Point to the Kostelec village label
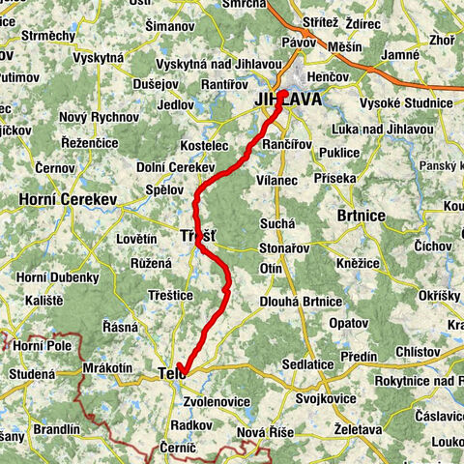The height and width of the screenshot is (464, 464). coord(203,144)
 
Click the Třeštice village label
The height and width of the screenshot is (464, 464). coord(170,294)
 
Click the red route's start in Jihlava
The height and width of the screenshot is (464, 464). coord(283,95)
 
